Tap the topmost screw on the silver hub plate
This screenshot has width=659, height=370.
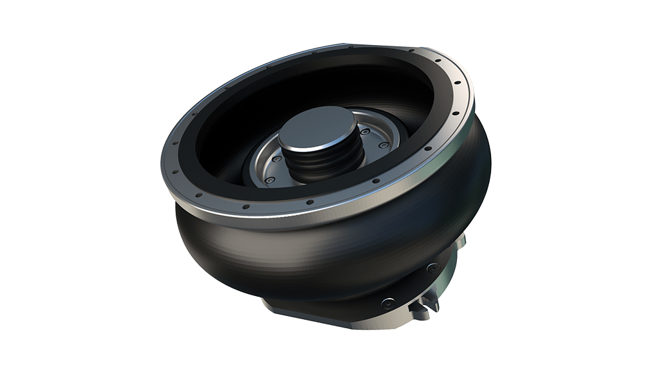point(366,133)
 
